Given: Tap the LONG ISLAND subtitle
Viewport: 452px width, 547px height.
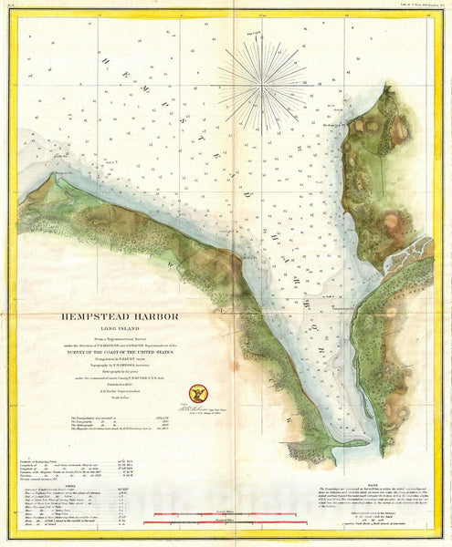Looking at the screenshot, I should point(122,330).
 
